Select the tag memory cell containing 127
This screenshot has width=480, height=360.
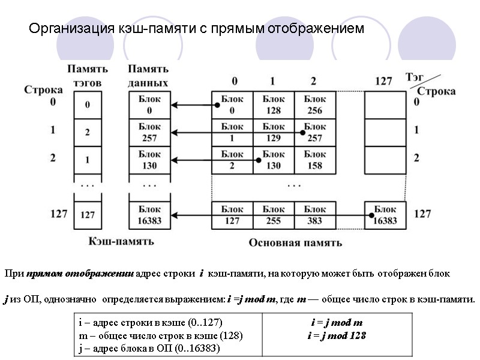coord(88,214)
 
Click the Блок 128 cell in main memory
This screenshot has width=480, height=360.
coord(274,105)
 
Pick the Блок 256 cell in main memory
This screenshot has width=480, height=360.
coord(314,105)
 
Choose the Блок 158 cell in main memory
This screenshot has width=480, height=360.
coord(314,160)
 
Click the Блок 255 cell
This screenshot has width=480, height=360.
coord(274,214)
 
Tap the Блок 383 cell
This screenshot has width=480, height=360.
coord(314,214)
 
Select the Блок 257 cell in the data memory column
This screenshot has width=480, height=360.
coord(149,133)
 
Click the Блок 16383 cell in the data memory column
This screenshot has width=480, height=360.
coord(149,214)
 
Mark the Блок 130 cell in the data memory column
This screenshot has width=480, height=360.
coord(149,160)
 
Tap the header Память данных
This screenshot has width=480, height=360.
coord(149,76)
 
